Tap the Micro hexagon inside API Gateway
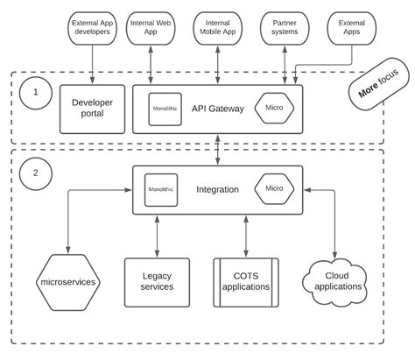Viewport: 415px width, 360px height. coord(274,109)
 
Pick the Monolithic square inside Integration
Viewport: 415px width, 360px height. coord(161,188)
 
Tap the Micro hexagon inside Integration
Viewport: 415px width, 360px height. coord(274,188)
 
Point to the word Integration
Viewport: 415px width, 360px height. coord(217,189)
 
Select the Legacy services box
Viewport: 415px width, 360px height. coord(157,281)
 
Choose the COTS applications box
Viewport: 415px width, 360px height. coord(245,281)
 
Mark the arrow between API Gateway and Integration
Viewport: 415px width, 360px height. coord(217,149)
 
